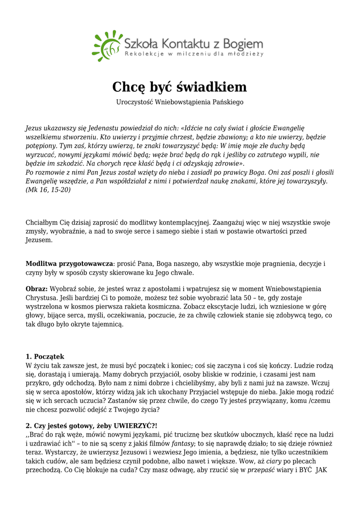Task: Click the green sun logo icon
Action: pos(106,46)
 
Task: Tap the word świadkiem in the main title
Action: pos(212,87)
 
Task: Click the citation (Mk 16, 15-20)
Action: pos(48,190)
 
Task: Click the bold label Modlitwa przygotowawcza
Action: pos(70,264)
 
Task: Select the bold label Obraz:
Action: pos(37,289)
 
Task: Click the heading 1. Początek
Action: pos(45,356)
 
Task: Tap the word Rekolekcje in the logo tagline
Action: pos(141,54)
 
